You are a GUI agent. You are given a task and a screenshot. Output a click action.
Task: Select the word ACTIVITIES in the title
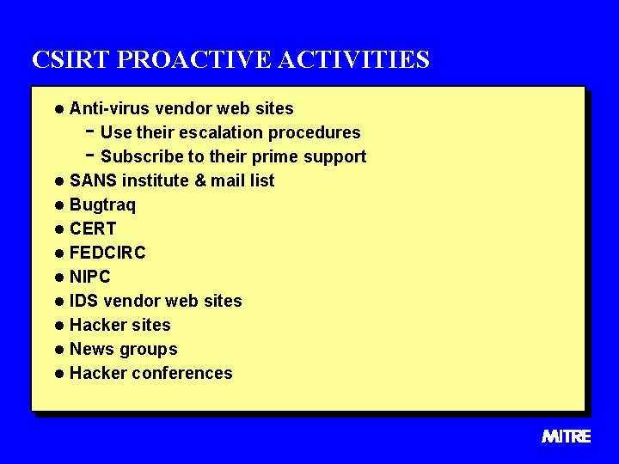coord(353,59)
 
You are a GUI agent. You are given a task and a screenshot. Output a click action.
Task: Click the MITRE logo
coord(566,437)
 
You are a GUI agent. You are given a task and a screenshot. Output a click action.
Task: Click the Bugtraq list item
coord(102,205)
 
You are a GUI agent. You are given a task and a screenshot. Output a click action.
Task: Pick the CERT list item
coord(92,229)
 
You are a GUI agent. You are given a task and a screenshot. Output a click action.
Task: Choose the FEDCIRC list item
coord(107,253)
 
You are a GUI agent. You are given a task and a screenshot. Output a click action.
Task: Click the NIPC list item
coord(89,277)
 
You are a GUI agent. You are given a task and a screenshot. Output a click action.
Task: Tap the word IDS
coord(84,301)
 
